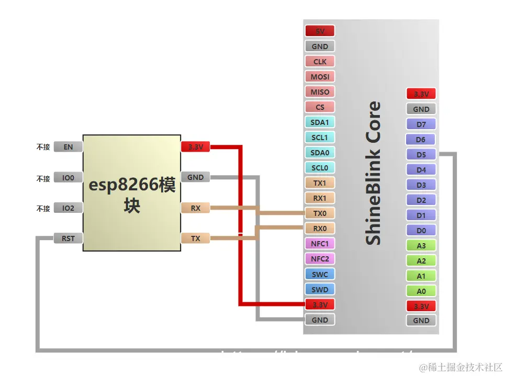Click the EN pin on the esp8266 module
[x=68, y=147]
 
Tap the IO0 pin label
[x=68, y=178]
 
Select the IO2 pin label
[x=68, y=208]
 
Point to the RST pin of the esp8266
[x=68, y=238]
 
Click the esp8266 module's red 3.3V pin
[x=195, y=147]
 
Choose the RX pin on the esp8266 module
[x=195, y=208]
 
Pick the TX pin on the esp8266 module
[x=195, y=238]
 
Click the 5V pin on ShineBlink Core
[x=320, y=31]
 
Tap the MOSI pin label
[x=320, y=77]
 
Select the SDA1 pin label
[x=320, y=122]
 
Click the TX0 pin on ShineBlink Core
[x=320, y=213]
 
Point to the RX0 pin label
[x=320, y=229]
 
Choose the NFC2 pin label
[x=320, y=259]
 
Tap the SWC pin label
[x=320, y=274]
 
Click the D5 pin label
[x=421, y=155]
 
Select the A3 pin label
[x=421, y=246]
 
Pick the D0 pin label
[x=421, y=231]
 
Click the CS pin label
[x=320, y=107]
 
